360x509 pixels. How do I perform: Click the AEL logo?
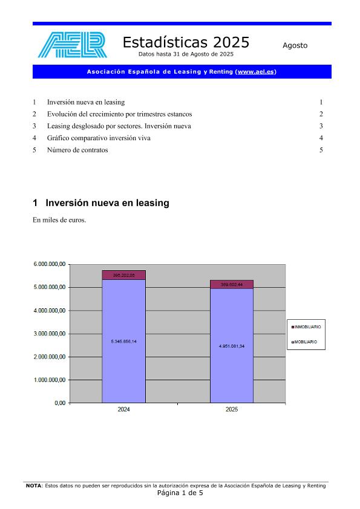[72, 45]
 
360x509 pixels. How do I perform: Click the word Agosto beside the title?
[295, 45]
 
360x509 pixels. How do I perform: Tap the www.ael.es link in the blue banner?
[257, 72]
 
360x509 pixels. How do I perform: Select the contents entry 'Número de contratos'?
[77, 150]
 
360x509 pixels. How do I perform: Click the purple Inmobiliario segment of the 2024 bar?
[124, 275]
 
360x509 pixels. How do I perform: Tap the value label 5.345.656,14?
[124, 342]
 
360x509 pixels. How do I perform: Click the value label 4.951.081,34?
[232, 346]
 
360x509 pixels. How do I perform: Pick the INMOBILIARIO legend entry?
[307, 326]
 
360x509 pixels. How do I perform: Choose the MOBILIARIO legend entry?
[305, 342]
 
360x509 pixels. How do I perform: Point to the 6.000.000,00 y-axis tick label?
[50, 264]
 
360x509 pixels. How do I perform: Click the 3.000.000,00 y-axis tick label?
[50, 334]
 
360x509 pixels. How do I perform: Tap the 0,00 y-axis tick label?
[59, 403]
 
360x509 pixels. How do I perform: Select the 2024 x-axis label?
[123, 410]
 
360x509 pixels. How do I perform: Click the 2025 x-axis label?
[232, 410]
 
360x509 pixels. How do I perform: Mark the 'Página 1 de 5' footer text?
[180, 493]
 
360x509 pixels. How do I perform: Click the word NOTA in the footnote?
[33, 485]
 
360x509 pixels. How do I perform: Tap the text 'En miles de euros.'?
[59, 220]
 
